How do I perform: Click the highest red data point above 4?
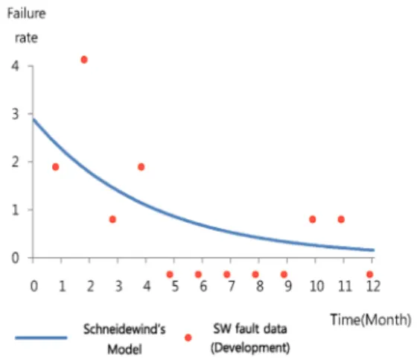(x=84, y=60)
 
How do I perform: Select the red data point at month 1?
(x=56, y=167)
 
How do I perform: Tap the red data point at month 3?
(x=112, y=219)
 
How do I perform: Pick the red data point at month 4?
(x=141, y=167)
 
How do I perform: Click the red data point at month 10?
(x=313, y=219)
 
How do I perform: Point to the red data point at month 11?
(x=341, y=219)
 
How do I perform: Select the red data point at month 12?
(x=369, y=274)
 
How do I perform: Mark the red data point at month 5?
(x=170, y=274)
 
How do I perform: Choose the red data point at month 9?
(x=284, y=274)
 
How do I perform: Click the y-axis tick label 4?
(x=15, y=66)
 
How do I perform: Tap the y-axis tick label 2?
(x=15, y=162)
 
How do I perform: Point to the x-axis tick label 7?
(x=232, y=286)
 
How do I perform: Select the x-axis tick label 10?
(x=316, y=286)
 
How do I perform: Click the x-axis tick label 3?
(x=118, y=286)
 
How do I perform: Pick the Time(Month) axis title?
(x=371, y=320)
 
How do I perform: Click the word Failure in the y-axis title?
(x=26, y=13)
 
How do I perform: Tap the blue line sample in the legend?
(x=41, y=338)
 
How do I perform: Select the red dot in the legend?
(x=188, y=338)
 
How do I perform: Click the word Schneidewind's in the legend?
(x=124, y=329)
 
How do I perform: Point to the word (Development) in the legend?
(x=250, y=348)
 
